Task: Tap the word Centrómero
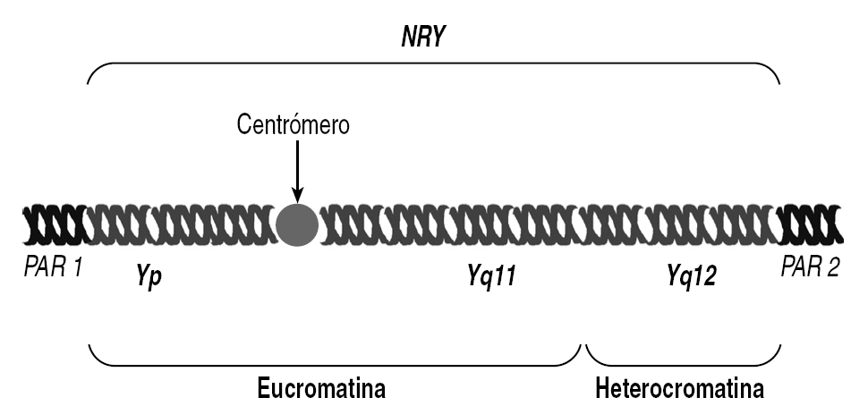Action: point(293,124)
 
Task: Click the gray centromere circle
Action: point(296,224)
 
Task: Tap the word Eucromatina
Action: point(321,390)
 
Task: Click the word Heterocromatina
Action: point(679,390)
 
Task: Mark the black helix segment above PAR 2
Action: point(811,224)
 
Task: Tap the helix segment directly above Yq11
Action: point(492,224)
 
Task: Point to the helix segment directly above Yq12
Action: point(691,224)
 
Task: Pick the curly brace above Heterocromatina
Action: point(682,363)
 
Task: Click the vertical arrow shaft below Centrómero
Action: point(296,165)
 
